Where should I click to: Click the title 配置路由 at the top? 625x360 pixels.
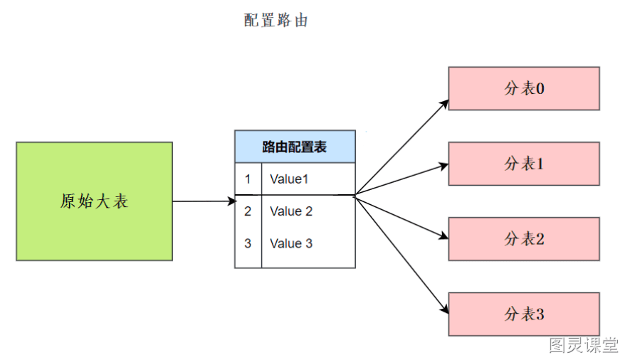pos(275,20)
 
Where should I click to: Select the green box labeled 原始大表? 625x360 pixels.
pos(95,201)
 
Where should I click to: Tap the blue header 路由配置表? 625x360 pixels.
pos(295,147)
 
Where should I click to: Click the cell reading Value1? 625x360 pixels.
pos(289,179)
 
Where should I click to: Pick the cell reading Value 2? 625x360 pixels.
pos(291,211)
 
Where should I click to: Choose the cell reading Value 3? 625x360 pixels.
pos(291,243)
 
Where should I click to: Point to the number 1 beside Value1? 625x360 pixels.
pos(248,179)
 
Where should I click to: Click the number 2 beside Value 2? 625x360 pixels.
pos(248,211)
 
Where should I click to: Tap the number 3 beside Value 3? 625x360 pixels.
pos(248,243)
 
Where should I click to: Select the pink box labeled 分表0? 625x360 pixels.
pos(524,88)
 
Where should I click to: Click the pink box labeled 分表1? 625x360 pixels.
pos(524,164)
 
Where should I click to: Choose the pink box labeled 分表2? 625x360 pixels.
pos(524,239)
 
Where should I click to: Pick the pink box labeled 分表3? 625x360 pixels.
pos(524,314)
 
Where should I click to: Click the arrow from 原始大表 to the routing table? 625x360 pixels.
pos(205,201)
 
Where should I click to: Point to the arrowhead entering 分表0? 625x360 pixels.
pos(443,105)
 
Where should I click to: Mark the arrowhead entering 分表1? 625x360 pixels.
pos(443,166)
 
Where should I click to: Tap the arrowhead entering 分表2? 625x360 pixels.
pos(443,236)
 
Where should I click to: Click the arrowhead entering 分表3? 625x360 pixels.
pos(444,309)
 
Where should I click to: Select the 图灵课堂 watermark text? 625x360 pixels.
pos(583,345)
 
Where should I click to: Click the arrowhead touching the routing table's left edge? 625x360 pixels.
pos(232,201)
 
